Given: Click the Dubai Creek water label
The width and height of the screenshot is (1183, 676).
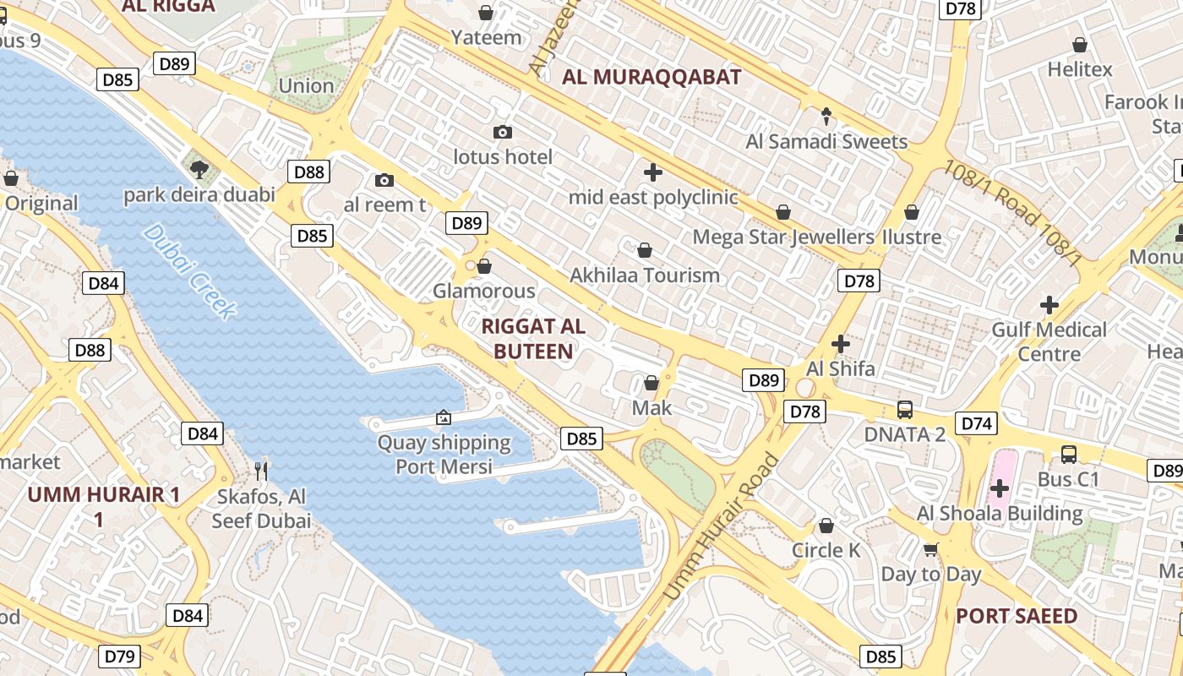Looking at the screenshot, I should click(188, 271).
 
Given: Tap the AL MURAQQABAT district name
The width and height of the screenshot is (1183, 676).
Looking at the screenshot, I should click(651, 78).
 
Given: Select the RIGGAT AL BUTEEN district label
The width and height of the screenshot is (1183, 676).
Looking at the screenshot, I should click(532, 338).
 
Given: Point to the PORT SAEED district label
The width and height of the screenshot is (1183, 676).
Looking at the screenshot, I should click(1017, 616).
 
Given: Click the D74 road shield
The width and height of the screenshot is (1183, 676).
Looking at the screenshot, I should click(976, 423).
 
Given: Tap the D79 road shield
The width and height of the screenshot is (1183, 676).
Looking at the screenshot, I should click(120, 656).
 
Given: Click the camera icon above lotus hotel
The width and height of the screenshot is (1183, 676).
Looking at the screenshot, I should click(503, 132).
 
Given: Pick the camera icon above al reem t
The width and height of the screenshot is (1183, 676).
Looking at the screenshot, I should click(384, 180).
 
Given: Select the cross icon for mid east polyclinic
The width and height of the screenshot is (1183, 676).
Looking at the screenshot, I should click(652, 172).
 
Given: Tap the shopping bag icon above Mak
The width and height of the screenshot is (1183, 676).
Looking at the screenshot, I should click(651, 383).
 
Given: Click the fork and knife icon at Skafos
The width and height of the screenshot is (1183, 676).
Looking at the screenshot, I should click(261, 471).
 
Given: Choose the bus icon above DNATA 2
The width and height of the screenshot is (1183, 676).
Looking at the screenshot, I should click(904, 410).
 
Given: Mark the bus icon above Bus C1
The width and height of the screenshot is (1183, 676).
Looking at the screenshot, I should click(1068, 455).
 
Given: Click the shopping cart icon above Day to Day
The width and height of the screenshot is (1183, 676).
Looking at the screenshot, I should click(930, 549).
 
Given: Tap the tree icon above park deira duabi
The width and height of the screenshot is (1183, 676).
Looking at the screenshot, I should click(199, 170).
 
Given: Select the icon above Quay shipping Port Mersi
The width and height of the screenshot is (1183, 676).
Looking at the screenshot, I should click(443, 417).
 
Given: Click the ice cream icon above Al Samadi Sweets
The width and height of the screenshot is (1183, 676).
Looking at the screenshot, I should click(826, 116).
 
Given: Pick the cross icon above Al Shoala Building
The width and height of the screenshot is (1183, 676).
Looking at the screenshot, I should click(1000, 488).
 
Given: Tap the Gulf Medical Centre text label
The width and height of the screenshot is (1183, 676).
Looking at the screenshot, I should click(1049, 341).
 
